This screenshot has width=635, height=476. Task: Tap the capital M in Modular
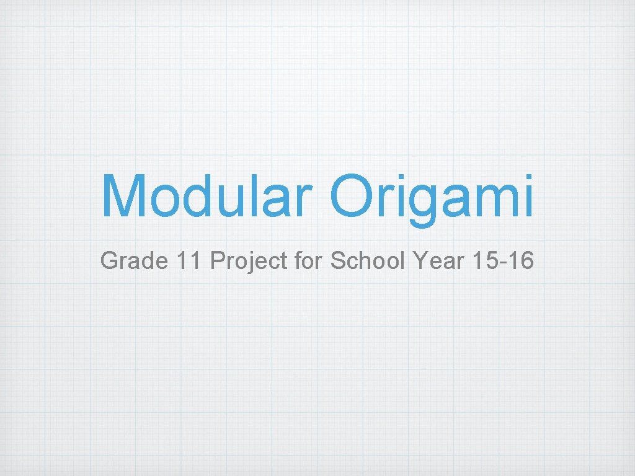point(127,196)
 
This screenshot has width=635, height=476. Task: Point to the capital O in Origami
point(355,196)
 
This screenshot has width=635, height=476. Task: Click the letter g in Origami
point(426,205)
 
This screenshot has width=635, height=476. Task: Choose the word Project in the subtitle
point(248,262)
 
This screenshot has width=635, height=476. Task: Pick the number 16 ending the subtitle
point(519,262)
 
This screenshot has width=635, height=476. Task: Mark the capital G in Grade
point(109,262)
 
